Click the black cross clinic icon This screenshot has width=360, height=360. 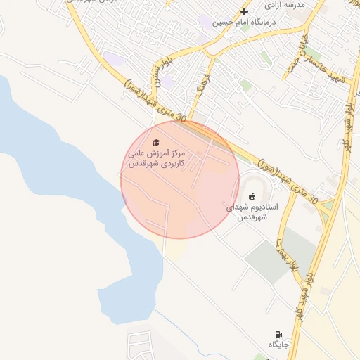coord(245,11)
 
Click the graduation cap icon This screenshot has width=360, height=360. coord(155,143)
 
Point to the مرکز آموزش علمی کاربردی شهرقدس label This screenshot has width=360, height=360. coord(155,157)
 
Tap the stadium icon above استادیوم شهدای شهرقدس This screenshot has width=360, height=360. coord(252,195)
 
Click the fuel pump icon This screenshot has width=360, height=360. coord(278,333)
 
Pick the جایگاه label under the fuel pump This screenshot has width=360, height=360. coord(278,345)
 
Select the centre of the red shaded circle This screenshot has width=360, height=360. coord(180,179)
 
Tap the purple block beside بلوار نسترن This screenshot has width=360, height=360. coord(167,82)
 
